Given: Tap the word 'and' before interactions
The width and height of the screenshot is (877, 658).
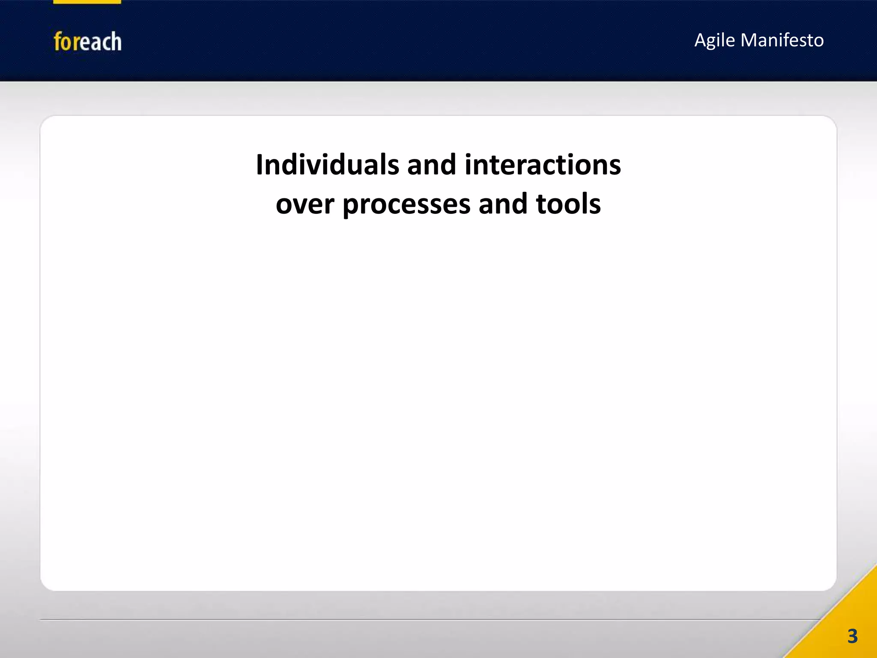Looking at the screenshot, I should pos(431,165).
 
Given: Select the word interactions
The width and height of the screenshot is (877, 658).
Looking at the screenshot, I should pos(543,165).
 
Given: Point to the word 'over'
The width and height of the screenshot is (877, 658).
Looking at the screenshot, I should pos(304,205).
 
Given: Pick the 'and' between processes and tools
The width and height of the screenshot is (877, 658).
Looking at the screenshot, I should pos(503,204).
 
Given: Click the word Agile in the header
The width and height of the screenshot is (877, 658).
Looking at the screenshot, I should pos(714,41).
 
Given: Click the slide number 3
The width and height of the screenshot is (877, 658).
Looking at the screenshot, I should pos(852,636).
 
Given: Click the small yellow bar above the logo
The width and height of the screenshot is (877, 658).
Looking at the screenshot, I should pos(87,2).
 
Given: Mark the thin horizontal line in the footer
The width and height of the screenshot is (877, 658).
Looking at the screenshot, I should pos(428,619).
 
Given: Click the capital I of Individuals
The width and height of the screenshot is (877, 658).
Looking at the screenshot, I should pos(260,165).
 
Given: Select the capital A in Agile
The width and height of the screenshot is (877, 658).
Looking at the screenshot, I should pos(700,40).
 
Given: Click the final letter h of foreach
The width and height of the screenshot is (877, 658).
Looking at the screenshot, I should pos(116,42).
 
